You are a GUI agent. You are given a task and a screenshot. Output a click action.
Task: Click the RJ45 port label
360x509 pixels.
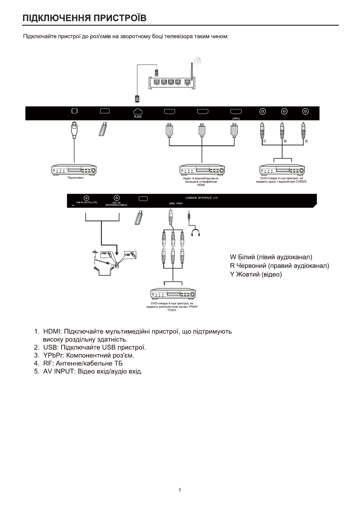pyautogui.click(x=138, y=117)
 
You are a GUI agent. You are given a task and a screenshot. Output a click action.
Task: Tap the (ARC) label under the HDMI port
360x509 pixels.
pyautogui.click(x=236, y=118)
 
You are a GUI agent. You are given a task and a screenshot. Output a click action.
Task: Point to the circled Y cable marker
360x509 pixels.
pyautogui.click(x=264, y=141)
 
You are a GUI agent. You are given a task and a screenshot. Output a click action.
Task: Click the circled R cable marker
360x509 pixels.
pyautogui.click(x=306, y=141)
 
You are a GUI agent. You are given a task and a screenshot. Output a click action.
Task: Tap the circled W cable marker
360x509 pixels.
pyautogui.click(x=285, y=141)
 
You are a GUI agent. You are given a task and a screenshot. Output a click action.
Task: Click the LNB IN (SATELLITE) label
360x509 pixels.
pyautogui.click(x=86, y=202)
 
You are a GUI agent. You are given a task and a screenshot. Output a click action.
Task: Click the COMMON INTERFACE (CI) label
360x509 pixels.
pyautogui.click(x=201, y=198)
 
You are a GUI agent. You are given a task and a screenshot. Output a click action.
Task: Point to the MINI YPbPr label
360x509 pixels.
pyautogui.click(x=176, y=204)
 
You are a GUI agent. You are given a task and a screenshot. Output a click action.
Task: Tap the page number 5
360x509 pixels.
pyautogui.click(x=180, y=490)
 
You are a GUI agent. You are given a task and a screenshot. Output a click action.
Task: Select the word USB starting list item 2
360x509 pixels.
pyautogui.click(x=50, y=347)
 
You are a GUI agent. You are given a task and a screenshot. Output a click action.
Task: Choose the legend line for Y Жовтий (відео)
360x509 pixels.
pyautogui.click(x=256, y=274)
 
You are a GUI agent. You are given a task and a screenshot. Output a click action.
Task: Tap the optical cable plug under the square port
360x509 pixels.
pyautogui.click(x=74, y=129)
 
